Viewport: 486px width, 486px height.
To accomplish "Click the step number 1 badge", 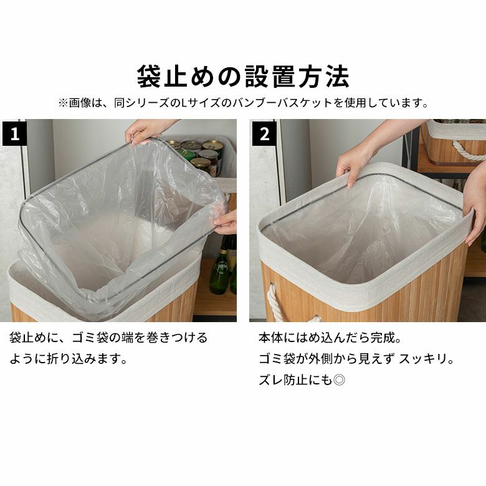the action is point(14,133).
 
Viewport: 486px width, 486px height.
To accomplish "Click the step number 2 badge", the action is point(264,133).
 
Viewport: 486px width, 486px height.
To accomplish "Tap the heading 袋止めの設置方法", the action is point(243,77).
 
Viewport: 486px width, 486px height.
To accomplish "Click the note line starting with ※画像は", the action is point(243,103).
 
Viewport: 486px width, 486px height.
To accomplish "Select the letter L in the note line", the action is point(184,103).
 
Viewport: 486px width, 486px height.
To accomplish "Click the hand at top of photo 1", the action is point(146,131).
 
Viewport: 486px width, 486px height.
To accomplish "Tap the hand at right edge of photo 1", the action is point(226,222).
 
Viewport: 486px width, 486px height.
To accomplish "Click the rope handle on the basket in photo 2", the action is point(274,302).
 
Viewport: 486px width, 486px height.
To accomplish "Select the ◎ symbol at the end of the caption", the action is point(339,380).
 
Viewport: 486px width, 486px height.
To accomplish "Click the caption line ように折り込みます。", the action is point(69,359).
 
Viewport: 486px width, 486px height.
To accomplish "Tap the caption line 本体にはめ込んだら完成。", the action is point(330,338).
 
